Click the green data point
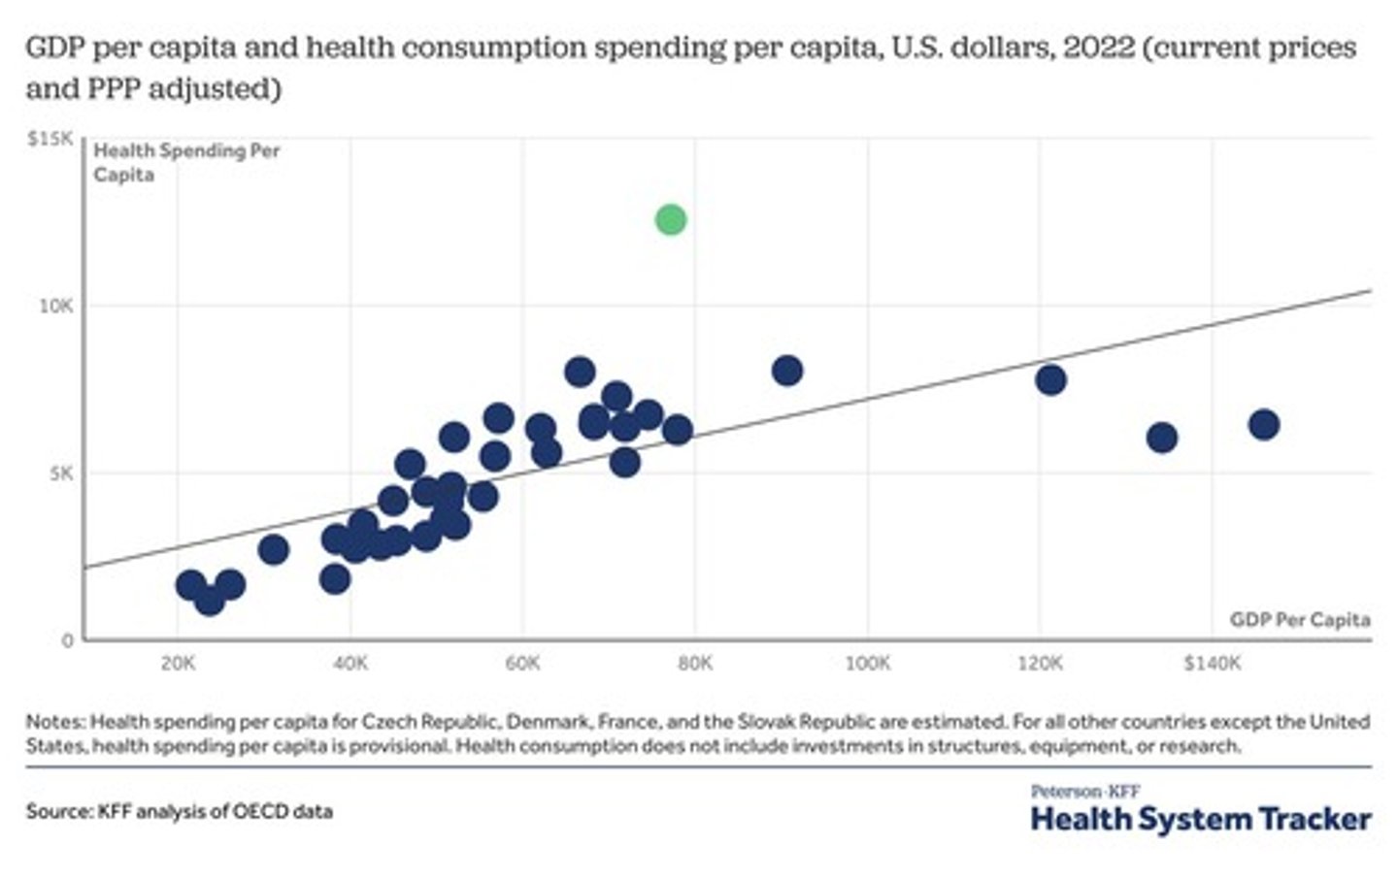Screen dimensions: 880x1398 pos(670,220)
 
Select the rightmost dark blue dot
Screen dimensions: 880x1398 pos(1263,424)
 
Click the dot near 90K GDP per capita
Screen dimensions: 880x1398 pos(786,370)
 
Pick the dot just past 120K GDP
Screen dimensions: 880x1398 pos(1050,379)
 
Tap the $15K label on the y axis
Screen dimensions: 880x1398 pos(50,140)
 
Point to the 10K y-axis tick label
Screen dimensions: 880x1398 pos(55,307)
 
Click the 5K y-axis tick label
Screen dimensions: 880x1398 pos(60,473)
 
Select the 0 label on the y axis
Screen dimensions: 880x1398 pos(68,640)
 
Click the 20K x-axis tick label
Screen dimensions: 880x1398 pos(178,664)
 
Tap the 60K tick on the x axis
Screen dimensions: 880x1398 pos(522,664)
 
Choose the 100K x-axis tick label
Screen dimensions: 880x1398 pos(867,664)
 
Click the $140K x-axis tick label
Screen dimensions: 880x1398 pos(1212,664)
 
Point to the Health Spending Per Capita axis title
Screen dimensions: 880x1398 pos(185,162)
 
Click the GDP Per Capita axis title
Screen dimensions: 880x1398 pos(1299,620)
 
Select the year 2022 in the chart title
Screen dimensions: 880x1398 pos(1098,49)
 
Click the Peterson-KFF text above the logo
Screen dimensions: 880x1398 pos(1084,792)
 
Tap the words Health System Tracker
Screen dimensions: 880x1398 pos(1200,819)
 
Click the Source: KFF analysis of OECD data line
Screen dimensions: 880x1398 pos(180,811)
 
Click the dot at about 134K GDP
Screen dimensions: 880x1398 pos(1161,438)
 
